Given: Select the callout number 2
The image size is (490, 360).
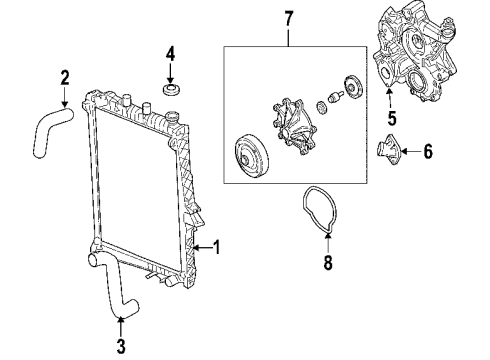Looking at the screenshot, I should point(64,77).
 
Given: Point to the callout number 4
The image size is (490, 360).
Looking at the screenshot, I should point(170,53).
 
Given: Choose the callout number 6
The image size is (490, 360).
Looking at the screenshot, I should point(427,152).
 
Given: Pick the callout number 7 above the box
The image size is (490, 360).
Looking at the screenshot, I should point(287,18).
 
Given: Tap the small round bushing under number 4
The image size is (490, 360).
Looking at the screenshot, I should point(170,93).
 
